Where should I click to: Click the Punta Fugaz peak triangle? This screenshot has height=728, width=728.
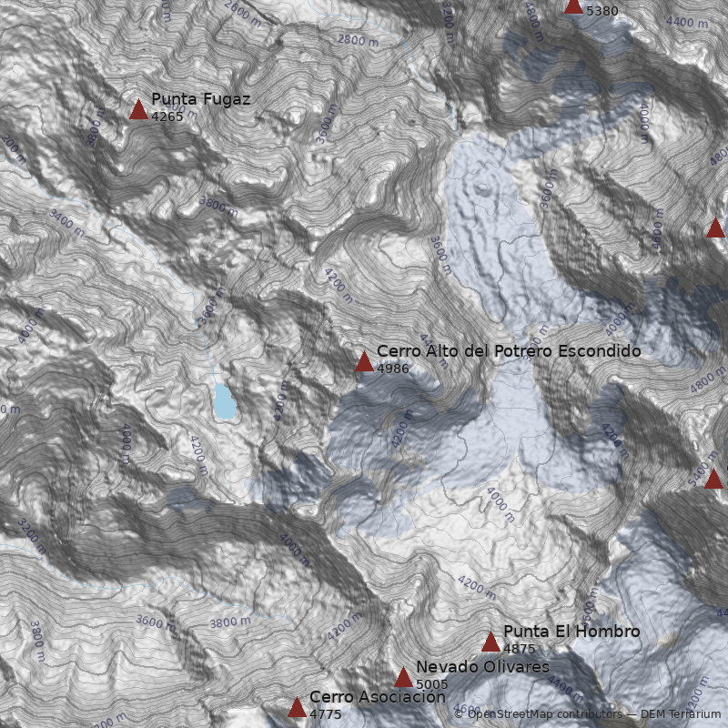[138, 110]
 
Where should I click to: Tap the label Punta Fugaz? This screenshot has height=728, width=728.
[200, 98]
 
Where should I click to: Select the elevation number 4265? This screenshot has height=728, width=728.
[167, 116]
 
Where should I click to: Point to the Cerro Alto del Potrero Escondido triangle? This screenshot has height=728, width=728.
[364, 362]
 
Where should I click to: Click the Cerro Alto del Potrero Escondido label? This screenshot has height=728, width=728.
[509, 350]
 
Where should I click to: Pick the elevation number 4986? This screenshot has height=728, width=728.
[393, 369]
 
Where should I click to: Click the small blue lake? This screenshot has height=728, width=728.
[224, 400]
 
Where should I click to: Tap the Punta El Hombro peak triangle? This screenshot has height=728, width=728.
[490, 642]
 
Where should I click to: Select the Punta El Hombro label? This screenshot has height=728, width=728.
[571, 632]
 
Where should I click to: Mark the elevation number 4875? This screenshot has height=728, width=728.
[520, 650]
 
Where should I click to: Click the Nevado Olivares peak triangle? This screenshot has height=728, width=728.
[403, 678]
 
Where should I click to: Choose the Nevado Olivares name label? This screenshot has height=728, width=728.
[482, 667]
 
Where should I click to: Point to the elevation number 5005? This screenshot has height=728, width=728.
[432, 684]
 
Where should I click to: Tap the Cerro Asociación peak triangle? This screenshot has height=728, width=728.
[297, 708]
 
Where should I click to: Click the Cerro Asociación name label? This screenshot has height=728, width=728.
[377, 697]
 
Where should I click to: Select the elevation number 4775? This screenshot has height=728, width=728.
[326, 714]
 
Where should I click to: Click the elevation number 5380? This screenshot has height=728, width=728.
[602, 12]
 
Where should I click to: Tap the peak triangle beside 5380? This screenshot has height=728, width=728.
[573, 5]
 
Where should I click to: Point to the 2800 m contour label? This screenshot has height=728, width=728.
[358, 40]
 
